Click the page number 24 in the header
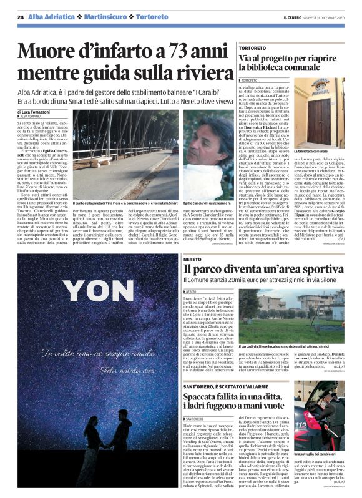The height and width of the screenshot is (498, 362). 21,17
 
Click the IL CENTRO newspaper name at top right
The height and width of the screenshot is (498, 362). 296,17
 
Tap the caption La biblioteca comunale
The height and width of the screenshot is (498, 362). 313,152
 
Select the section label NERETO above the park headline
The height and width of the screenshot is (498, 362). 193,258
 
